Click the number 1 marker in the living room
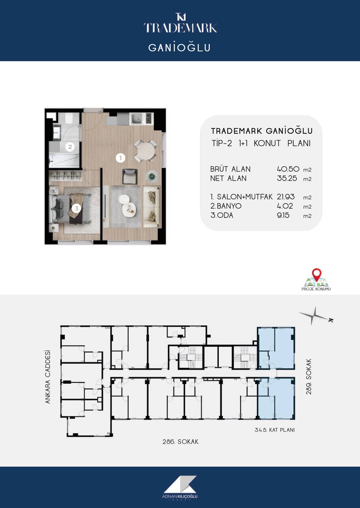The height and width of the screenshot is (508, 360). pos(120,158)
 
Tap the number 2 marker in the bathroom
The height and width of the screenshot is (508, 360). pos(70,147)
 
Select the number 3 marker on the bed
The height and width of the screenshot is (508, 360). pos(76,208)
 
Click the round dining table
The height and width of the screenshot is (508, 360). pos(146,151)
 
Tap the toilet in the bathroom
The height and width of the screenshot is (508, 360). pos(69,118)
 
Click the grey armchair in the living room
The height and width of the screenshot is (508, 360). pos(130,176)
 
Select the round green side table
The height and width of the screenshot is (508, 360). pos(152,176)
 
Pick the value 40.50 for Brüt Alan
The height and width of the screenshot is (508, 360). pos(288,169)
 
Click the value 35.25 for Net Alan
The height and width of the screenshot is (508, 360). pos(287,178)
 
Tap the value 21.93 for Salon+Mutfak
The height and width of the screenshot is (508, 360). pos(286,197)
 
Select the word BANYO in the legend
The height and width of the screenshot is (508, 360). pos(229,206)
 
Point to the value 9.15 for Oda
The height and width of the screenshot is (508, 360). pos(283,215)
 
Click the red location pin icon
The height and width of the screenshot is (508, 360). pos(316,274)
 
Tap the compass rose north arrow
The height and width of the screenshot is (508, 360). pos(314,316)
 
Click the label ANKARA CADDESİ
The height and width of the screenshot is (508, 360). pos(48,377)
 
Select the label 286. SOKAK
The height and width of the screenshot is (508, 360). pos(180,442)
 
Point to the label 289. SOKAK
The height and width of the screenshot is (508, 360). pos(309,376)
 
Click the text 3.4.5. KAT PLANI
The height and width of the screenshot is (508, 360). pos(274,430)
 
